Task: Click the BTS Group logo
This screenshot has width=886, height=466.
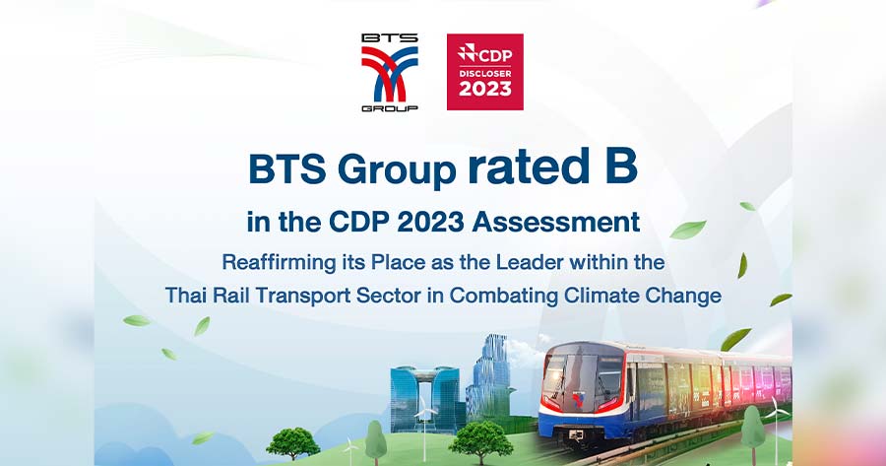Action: point(390,72)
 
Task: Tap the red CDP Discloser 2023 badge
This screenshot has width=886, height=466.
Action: point(484,72)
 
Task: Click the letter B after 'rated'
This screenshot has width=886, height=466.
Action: point(621,166)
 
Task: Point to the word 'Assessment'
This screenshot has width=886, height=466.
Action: point(556,222)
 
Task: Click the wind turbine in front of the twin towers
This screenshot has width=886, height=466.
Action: point(425,427)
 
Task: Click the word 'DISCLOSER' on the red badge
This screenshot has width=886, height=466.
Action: point(484,74)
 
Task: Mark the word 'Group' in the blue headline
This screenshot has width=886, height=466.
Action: point(397,169)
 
